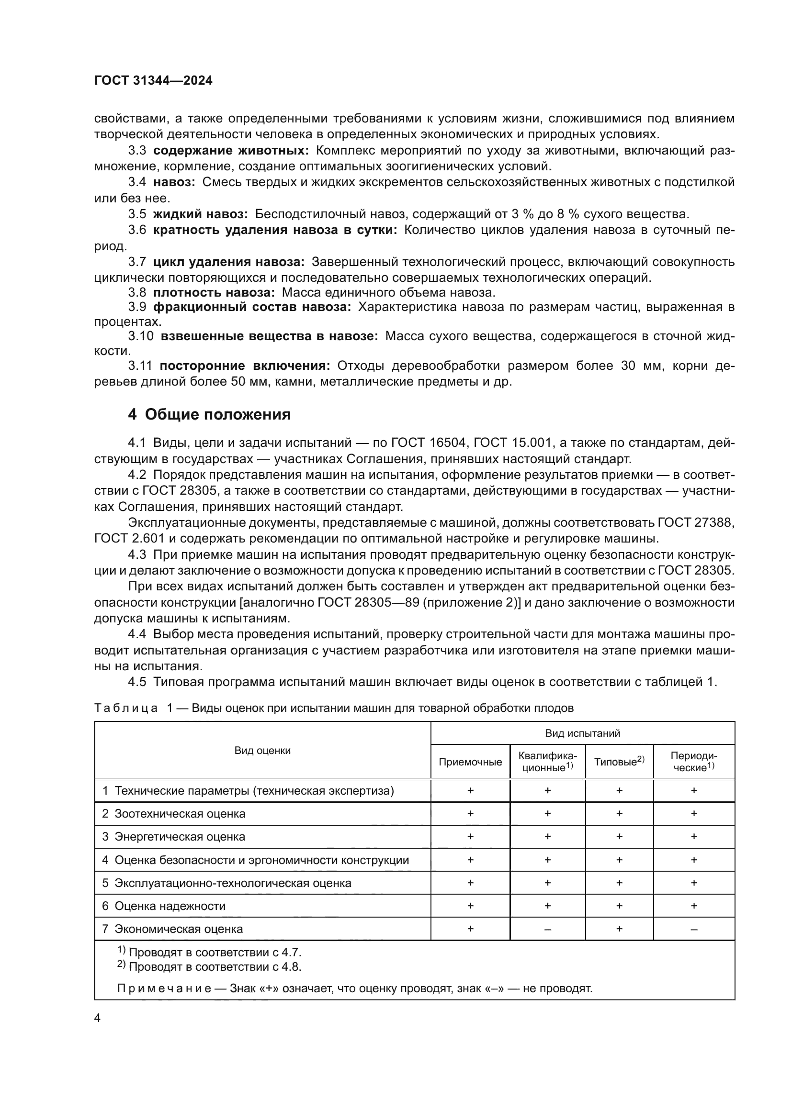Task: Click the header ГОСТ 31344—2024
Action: [153, 81]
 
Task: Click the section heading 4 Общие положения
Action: [209, 415]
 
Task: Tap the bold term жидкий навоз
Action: [201, 214]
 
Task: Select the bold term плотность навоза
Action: [214, 292]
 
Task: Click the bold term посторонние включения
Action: [245, 366]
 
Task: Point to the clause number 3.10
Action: [140, 336]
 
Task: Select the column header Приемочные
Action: [470, 762]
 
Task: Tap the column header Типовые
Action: [618, 762]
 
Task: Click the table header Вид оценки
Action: [262, 751]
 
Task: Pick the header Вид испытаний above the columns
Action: [582, 733]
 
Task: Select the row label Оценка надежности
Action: [170, 906]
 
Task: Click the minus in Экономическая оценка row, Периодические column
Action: [693, 930]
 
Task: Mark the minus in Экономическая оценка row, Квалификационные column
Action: [547, 930]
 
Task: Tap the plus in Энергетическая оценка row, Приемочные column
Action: [470, 837]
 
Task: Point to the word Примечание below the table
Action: [164, 988]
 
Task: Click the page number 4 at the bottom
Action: [97, 1018]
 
